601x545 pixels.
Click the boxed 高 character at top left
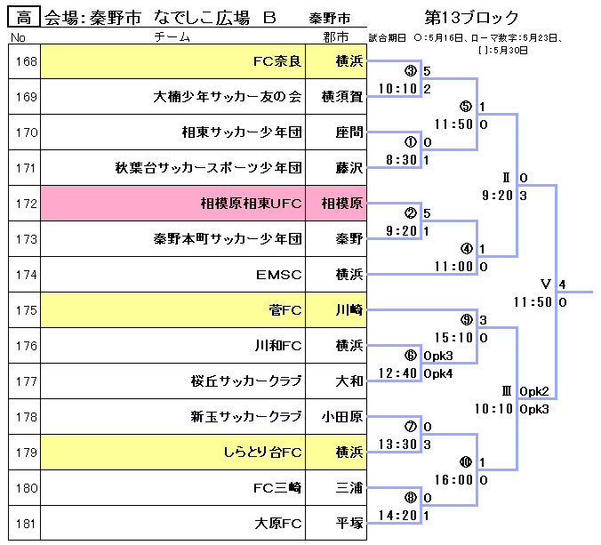pos(24,17)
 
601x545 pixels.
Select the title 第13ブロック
pos(471,17)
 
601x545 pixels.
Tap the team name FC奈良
pos(277,61)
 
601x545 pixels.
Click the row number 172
pos(26,204)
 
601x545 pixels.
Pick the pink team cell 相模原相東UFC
pos(172,203)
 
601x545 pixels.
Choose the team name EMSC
pos(278,275)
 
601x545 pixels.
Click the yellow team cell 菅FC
pos(172,310)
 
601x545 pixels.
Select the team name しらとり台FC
pos(262,453)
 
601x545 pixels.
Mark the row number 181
pos(26,524)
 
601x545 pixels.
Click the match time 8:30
pos(401,159)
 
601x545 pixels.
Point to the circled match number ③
pos(411,70)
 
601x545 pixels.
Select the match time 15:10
pos(453,338)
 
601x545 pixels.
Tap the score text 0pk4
pos(438,373)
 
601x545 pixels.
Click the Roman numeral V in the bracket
pos(545,284)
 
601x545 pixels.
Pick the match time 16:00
pos(453,480)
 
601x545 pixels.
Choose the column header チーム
pos(172,36)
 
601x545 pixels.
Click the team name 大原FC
pos(278,524)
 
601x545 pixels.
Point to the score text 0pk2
pos(534,391)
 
